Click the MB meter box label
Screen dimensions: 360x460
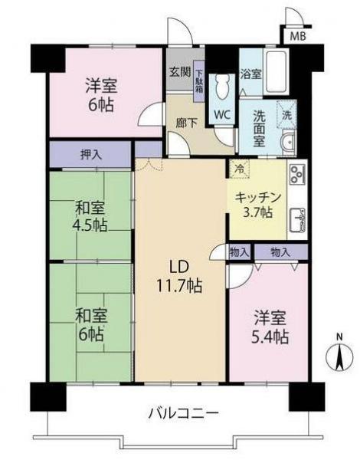click(x=298, y=36)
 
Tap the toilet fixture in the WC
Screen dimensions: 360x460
click(x=222, y=87)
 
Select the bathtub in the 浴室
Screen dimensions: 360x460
click(x=276, y=71)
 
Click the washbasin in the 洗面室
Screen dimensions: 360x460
click(x=289, y=143)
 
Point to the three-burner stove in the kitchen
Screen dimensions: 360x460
click(x=297, y=174)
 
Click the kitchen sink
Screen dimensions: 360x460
click(x=297, y=220)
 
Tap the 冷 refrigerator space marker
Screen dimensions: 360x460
click(x=240, y=169)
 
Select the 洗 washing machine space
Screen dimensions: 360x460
click(x=286, y=115)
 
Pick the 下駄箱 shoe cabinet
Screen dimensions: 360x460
click(x=199, y=81)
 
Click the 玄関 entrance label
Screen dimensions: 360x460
click(x=180, y=72)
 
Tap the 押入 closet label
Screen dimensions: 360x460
click(x=91, y=154)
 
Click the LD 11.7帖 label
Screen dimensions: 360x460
click(x=180, y=276)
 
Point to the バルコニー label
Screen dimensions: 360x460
click(x=184, y=413)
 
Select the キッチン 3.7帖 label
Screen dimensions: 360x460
click(x=258, y=205)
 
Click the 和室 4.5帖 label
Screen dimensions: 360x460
click(x=90, y=217)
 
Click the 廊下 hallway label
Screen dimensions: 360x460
click(x=186, y=123)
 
